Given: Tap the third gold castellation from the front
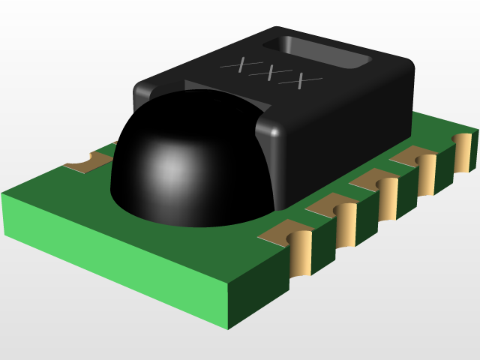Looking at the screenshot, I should [x=388, y=199].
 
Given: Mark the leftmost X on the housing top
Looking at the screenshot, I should [x=239, y=66].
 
